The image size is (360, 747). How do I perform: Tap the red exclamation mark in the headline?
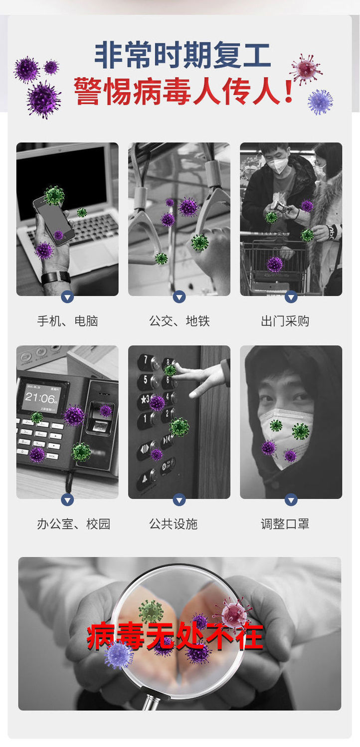point(288,90)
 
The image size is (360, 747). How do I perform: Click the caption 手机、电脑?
point(67,321)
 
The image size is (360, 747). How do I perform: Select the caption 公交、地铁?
point(179,321)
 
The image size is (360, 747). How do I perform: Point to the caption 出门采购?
point(285,321)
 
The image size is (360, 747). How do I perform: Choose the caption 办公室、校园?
point(73,524)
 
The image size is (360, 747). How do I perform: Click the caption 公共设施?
point(173,524)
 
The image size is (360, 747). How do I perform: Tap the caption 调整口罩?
point(285,524)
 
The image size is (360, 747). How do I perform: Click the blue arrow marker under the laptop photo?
point(67,297)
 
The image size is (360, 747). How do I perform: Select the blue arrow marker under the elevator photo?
point(179,499)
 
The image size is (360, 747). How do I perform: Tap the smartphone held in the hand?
point(53,220)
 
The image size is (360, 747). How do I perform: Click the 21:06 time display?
point(40,398)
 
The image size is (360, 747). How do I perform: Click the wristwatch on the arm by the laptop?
point(56,278)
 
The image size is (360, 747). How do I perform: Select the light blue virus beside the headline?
point(320,102)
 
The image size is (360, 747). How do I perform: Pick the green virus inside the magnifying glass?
point(151,611)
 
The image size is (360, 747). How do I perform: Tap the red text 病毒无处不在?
point(175,636)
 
